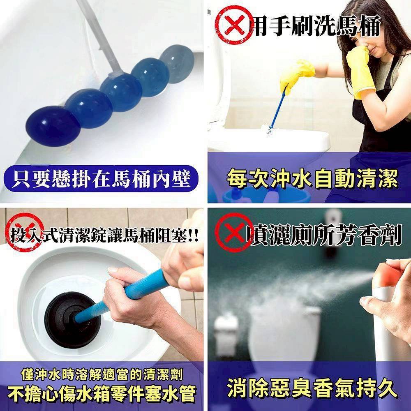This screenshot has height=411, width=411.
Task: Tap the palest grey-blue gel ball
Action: (177, 63)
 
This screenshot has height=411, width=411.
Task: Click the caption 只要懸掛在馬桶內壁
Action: (101, 179)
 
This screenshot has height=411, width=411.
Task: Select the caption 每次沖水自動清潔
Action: (312, 179)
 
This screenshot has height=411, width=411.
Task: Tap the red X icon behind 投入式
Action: (23, 231)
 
